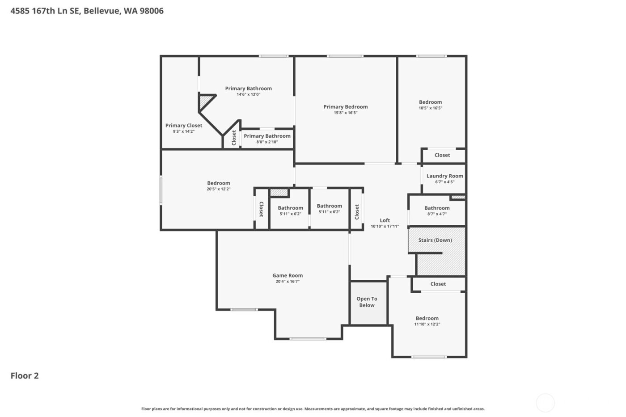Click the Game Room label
coord(288,276)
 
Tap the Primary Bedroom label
coord(346,107)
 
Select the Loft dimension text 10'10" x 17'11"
coord(385,227)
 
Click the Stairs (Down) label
coord(435,240)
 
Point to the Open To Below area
coord(367,302)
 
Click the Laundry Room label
coord(444,176)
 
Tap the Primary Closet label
coord(184,126)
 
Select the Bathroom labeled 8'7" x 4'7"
coord(437,208)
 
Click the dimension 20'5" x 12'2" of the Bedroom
coord(219,189)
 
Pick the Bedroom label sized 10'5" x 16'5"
coord(430,102)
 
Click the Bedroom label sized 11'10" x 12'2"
coord(427,319)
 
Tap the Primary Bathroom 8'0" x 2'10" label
coord(267,136)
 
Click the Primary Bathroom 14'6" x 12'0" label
coord(248,88)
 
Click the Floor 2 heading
coord(25,376)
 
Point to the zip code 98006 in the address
coord(152,11)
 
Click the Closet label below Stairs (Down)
coord(438,284)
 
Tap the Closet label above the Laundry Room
coord(442,156)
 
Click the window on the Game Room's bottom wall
coord(308,339)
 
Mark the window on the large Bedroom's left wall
coord(161,190)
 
